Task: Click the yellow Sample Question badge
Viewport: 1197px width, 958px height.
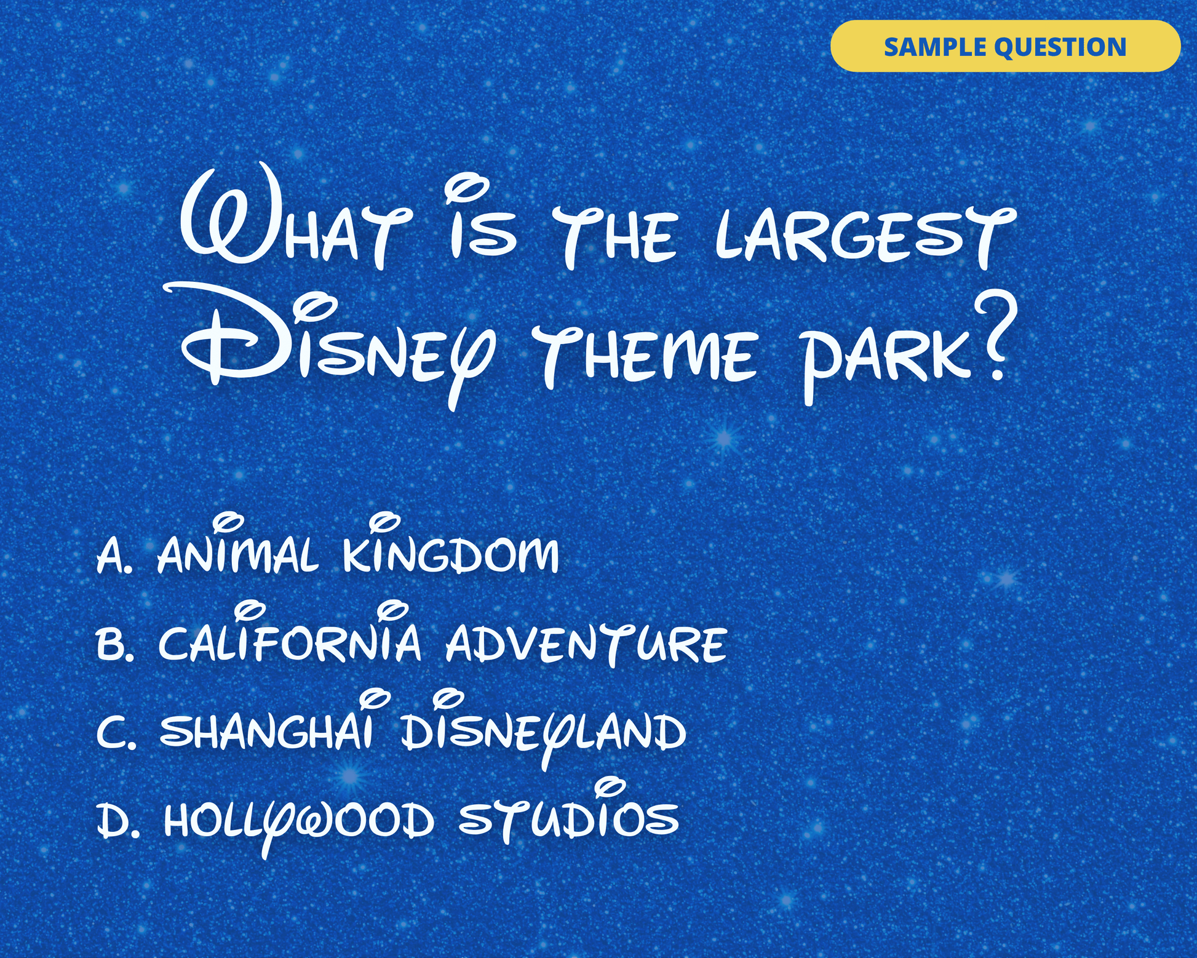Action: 1005,46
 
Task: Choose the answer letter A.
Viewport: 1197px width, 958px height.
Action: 114,555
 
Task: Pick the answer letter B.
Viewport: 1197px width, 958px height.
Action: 114,644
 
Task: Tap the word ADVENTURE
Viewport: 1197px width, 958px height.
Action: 586,644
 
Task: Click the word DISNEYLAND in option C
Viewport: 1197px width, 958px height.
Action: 544,729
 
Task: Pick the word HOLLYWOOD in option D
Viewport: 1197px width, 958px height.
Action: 299,824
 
